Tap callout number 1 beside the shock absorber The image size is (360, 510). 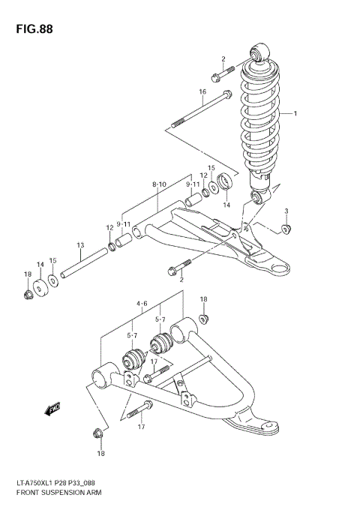(x=295, y=114)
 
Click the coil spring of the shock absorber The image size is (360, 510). (x=260, y=120)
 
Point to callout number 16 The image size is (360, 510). (x=202, y=91)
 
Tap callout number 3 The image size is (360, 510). (x=286, y=211)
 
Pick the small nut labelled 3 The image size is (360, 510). (x=286, y=228)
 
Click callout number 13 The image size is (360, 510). (x=79, y=245)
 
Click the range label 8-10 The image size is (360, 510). (x=159, y=184)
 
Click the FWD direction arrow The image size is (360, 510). (x=52, y=409)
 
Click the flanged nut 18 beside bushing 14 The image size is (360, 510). (x=28, y=293)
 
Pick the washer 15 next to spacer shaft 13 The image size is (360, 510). (x=53, y=281)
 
